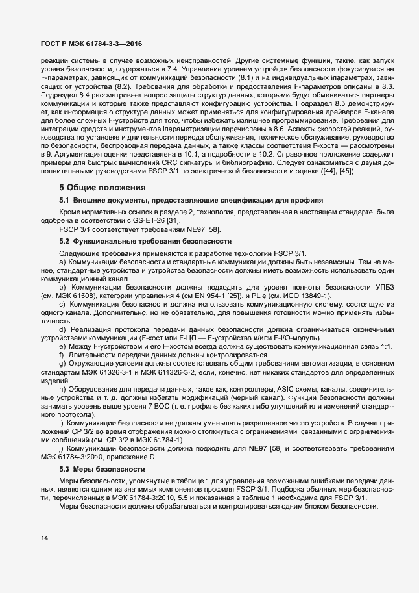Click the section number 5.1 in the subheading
(65, 199)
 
